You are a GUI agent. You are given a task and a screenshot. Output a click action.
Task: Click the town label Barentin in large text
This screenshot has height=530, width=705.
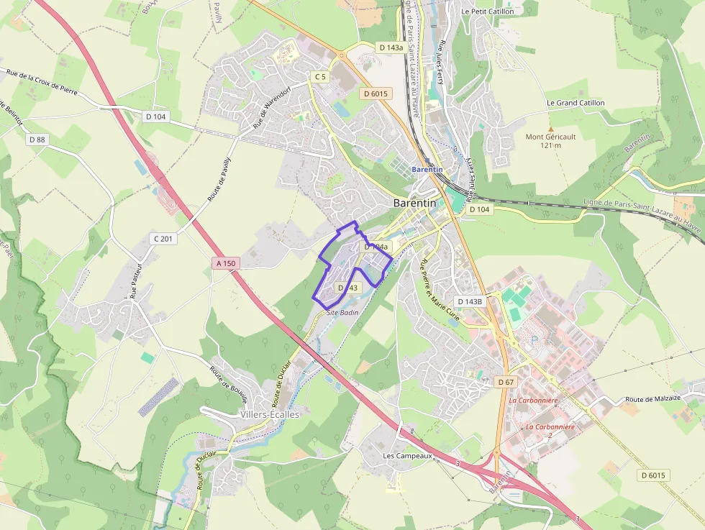(415, 204)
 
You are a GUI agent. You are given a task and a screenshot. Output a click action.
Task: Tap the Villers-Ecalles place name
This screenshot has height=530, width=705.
(269, 415)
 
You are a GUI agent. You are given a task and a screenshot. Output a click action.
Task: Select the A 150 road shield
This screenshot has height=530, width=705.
(225, 264)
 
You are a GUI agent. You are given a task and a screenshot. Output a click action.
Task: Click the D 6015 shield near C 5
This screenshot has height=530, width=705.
(376, 93)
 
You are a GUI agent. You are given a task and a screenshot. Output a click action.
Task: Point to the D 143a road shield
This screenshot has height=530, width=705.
(390, 47)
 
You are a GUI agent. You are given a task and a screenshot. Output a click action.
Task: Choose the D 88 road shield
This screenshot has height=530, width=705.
(37, 140)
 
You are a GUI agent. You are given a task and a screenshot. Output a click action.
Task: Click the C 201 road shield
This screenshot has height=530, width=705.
(164, 238)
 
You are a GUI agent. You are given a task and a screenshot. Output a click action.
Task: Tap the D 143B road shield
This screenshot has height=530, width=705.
(469, 301)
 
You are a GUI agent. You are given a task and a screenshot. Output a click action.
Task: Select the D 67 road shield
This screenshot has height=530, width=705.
(506, 382)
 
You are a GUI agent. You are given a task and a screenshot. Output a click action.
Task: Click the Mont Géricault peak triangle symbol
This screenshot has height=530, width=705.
(551, 128)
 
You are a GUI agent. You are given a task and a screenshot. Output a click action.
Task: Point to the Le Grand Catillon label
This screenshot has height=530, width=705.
(576, 103)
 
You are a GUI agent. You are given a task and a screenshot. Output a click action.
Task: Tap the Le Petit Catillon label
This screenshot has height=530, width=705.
(488, 12)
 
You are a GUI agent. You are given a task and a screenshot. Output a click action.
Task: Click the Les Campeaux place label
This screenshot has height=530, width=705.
(407, 456)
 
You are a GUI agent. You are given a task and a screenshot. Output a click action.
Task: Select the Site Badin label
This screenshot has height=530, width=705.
(342, 313)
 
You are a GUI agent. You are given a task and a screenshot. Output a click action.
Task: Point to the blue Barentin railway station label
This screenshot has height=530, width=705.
(427, 170)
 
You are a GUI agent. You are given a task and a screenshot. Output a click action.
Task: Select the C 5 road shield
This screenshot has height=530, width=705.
(320, 76)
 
